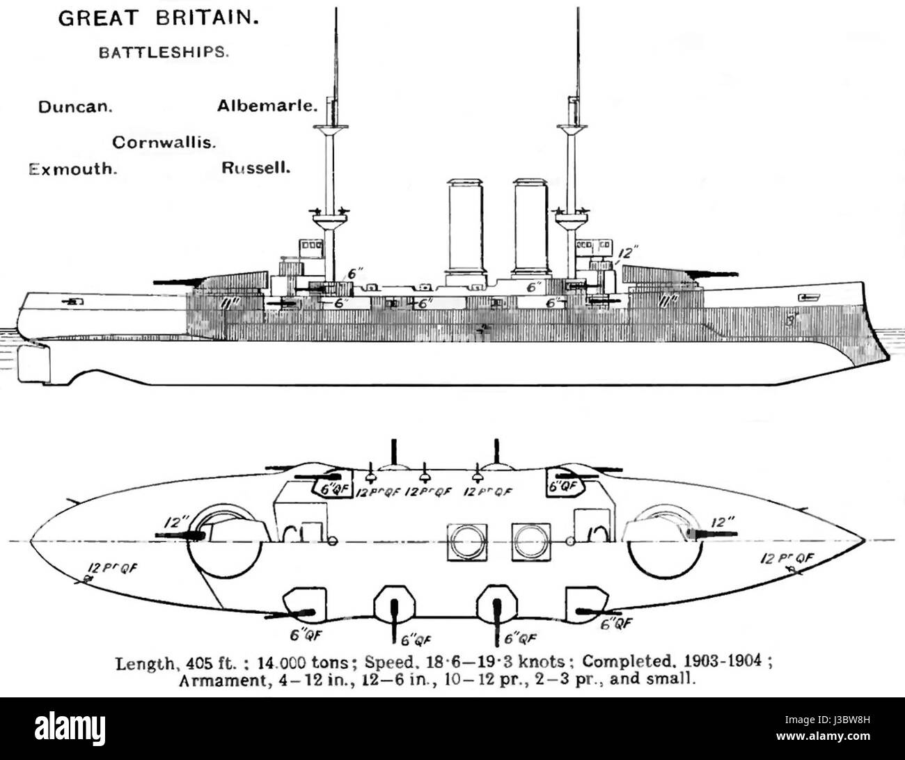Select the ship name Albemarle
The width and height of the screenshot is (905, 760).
click(x=267, y=106)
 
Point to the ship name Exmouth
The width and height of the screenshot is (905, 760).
click(x=72, y=169)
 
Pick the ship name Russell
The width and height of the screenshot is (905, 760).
click(x=255, y=168)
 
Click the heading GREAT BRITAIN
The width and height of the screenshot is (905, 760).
click(x=159, y=19)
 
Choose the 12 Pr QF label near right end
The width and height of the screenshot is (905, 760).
click(x=787, y=559)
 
